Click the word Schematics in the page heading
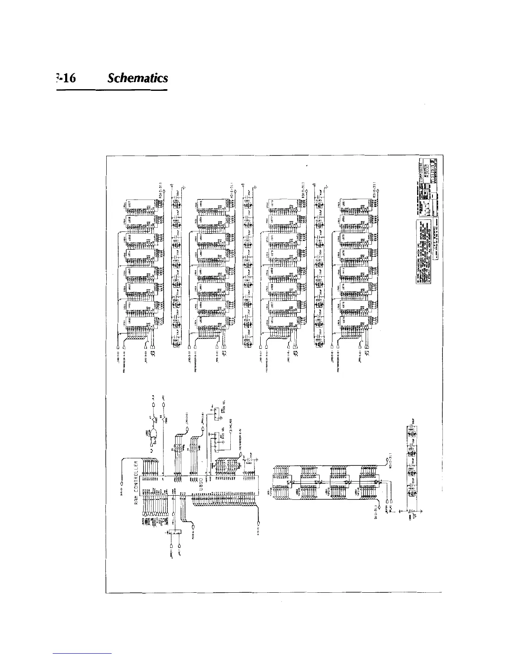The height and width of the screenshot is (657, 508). [137, 78]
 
